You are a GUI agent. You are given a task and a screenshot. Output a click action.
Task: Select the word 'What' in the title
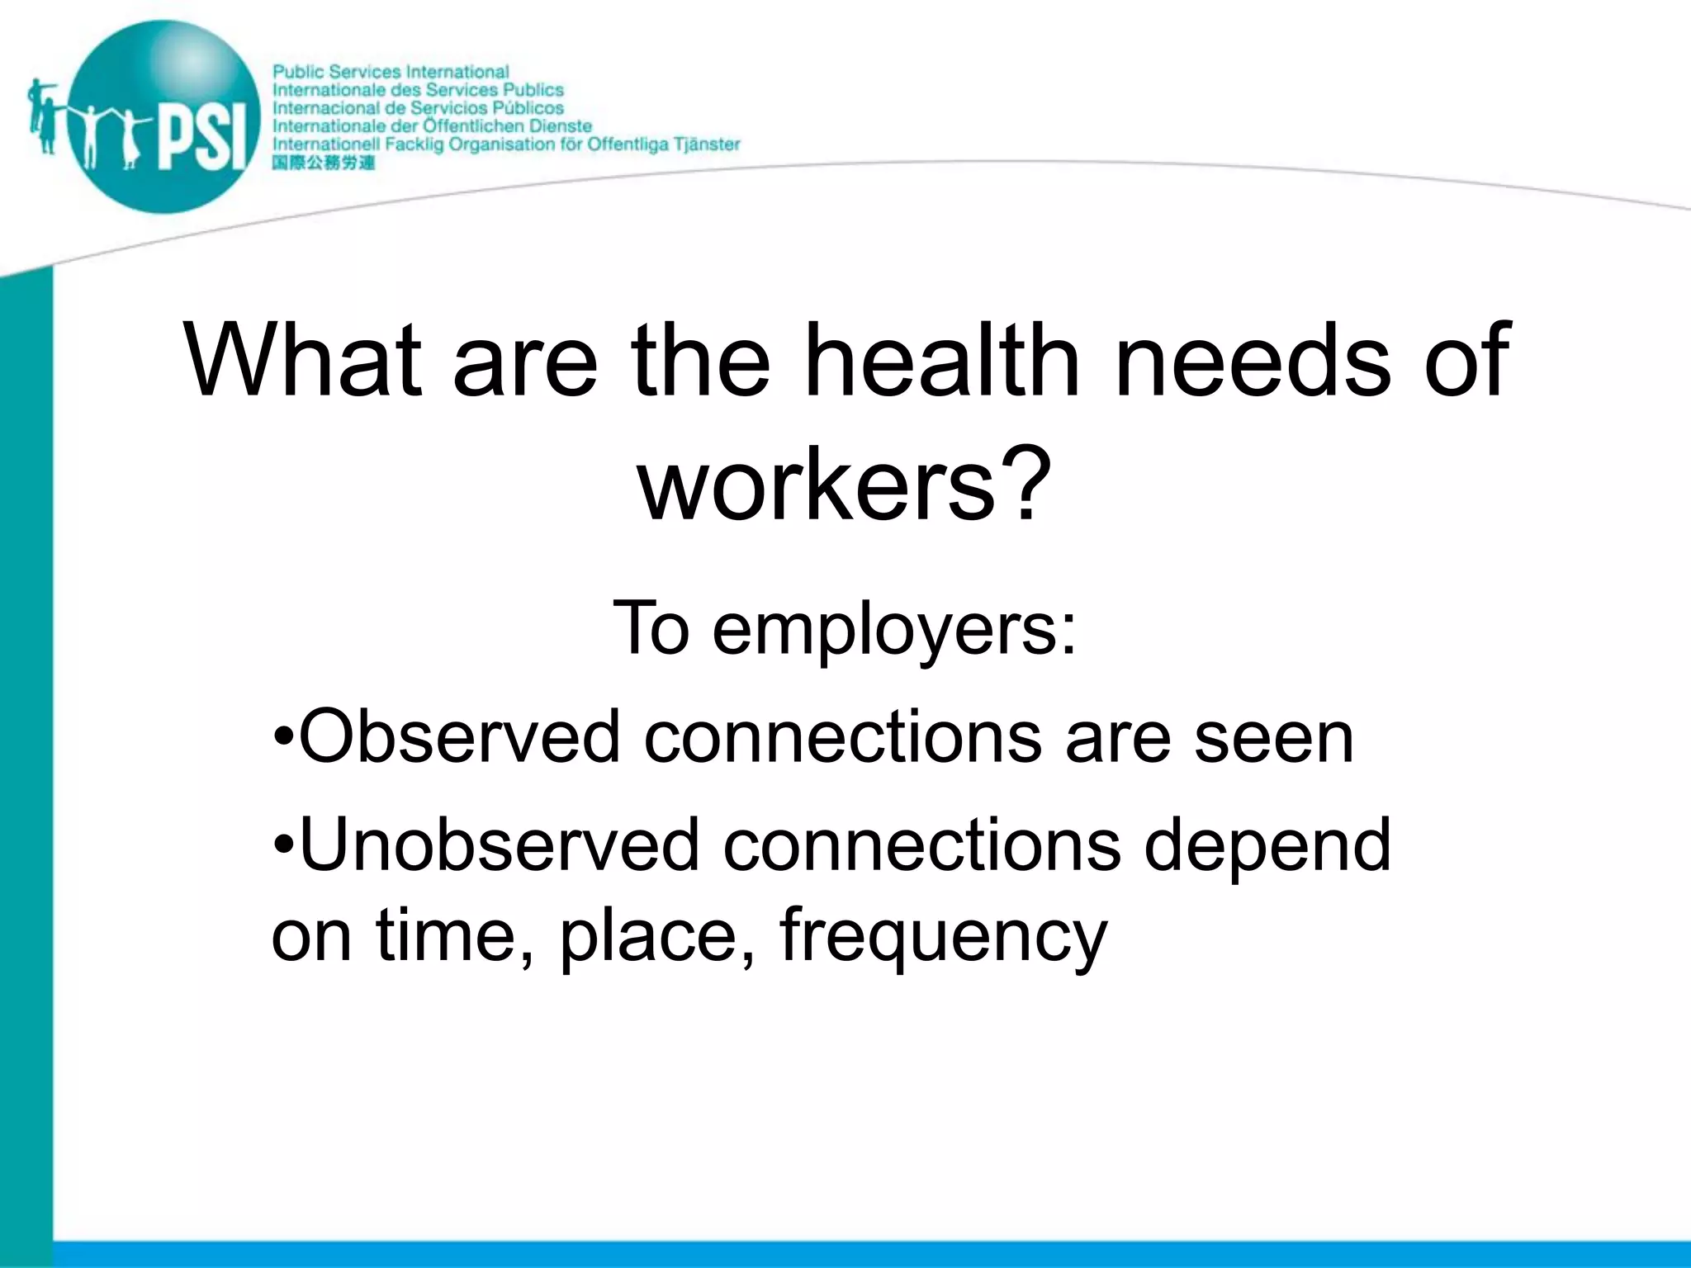[x=302, y=361]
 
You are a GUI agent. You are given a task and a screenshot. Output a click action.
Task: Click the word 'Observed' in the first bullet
[x=458, y=736]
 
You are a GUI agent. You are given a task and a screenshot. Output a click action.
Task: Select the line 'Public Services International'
[x=391, y=72]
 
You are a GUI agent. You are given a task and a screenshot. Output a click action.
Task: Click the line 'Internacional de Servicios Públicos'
[x=418, y=108]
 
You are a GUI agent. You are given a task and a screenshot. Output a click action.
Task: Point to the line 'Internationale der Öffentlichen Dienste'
[x=432, y=126]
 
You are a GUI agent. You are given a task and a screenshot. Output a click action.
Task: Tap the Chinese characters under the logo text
[x=323, y=163]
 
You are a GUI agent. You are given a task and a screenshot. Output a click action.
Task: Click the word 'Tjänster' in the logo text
[x=707, y=144]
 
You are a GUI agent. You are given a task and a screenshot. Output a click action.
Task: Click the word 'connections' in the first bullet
[x=842, y=736]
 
